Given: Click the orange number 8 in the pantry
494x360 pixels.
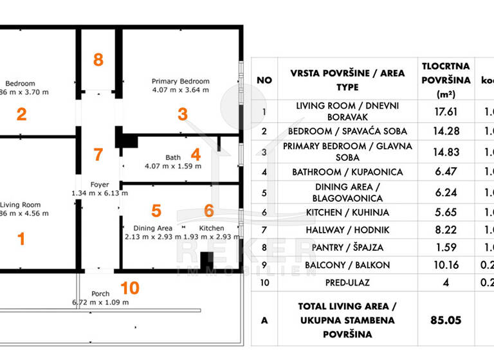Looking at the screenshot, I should [x=98, y=60].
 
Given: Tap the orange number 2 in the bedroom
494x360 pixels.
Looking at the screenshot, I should [x=21, y=115].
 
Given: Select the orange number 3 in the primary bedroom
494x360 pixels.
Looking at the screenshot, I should [x=183, y=115].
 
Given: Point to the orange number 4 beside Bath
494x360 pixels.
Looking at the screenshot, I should [x=196, y=155].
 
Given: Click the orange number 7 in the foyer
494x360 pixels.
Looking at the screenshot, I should [x=98, y=155].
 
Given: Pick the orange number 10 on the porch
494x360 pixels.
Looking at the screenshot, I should [x=129, y=287].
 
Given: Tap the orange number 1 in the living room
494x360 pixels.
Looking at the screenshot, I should [x=21, y=239].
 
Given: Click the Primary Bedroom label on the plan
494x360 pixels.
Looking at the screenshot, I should [x=180, y=82].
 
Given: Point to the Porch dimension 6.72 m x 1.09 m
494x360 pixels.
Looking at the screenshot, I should [x=100, y=301].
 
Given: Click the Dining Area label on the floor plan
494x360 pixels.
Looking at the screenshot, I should [x=152, y=228].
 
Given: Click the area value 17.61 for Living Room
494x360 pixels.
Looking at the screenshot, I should [x=445, y=111].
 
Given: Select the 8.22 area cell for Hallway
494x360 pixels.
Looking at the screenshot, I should [x=445, y=230].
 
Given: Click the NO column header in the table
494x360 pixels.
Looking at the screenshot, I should [x=264, y=80].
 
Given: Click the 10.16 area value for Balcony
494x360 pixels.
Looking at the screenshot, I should [x=445, y=264].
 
